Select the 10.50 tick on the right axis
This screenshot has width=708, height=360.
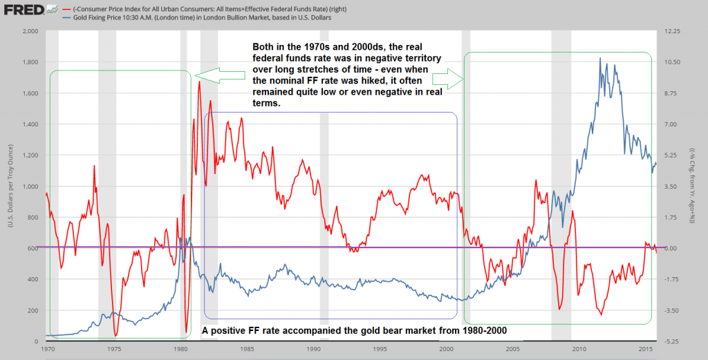(x=673, y=62)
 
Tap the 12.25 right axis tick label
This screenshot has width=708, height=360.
(x=673, y=31)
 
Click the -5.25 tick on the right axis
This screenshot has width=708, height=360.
(x=673, y=341)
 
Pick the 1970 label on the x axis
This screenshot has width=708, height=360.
(x=47, y=349)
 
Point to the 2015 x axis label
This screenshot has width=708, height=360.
(x=645, y=349)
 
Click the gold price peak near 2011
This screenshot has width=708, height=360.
(x=599, y=58)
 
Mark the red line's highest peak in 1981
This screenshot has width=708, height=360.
(x=199, y=82)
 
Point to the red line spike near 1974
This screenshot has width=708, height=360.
(x=94, y=166)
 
